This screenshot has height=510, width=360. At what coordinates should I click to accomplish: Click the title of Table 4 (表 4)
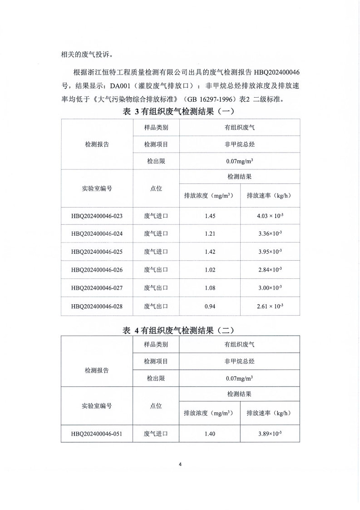pos(180,331)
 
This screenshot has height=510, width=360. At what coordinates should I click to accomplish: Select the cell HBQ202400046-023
pos(97,215)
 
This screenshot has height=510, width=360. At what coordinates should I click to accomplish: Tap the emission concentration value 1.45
pos(210,215)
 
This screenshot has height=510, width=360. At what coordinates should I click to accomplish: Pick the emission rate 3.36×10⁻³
pos(269,233)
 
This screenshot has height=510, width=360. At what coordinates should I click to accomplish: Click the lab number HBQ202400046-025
pos(97,252)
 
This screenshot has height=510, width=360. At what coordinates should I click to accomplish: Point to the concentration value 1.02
pos(210,270)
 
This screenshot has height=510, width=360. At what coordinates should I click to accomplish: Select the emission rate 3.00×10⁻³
pos(269,288)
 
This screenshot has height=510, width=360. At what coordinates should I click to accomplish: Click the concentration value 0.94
pos(210,306)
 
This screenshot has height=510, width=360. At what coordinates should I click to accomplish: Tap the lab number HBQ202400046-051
pos(97,434)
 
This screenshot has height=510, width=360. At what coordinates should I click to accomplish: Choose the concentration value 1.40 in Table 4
pos(210,434)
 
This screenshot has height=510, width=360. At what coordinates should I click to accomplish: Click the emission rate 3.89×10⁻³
pos(269,434)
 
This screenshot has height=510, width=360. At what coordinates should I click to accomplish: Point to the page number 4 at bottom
pos(180,464)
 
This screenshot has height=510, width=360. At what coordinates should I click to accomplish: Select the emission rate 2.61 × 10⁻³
pos(270,306)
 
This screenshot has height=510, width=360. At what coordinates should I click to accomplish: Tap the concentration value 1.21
pos(210,233)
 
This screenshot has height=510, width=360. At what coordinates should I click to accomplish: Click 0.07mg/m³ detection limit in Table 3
pos(239,161)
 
